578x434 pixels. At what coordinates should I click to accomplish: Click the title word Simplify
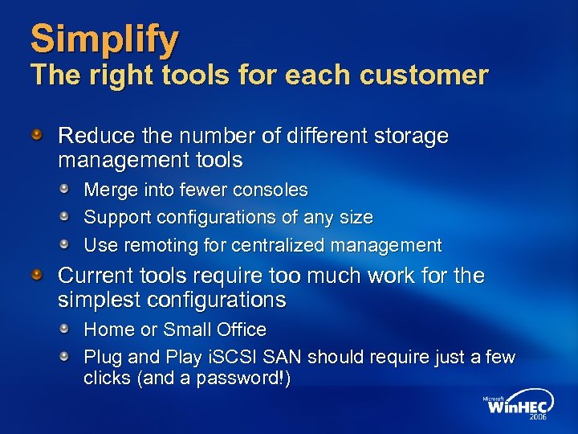pyautogui.click(x=105, y=39)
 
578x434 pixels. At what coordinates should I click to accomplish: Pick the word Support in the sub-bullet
pyautogui.click(x=117, y=217)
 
